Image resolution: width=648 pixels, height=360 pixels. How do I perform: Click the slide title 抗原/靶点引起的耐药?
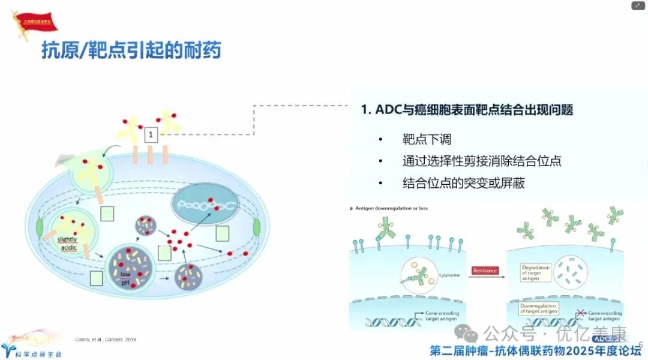(131, 50)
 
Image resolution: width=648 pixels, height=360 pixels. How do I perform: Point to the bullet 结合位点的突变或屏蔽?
(464, 183)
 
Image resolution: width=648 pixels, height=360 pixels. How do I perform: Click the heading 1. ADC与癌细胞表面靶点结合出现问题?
(467, 110)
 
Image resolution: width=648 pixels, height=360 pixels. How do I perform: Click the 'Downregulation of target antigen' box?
(538, 309)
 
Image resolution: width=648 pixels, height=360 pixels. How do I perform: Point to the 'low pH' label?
(125, 278)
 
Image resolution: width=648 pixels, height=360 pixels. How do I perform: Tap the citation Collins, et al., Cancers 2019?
(106, 340)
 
